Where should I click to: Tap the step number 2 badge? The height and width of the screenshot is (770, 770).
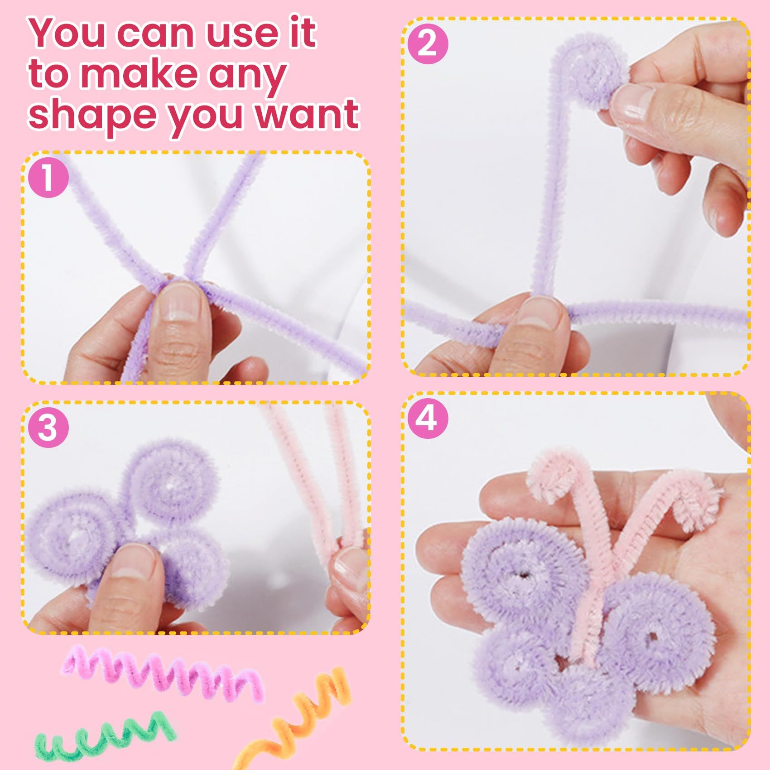point(428,44)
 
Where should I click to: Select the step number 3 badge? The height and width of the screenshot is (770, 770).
point(48,427)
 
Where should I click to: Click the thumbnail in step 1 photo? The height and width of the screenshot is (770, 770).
point(180,301)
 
